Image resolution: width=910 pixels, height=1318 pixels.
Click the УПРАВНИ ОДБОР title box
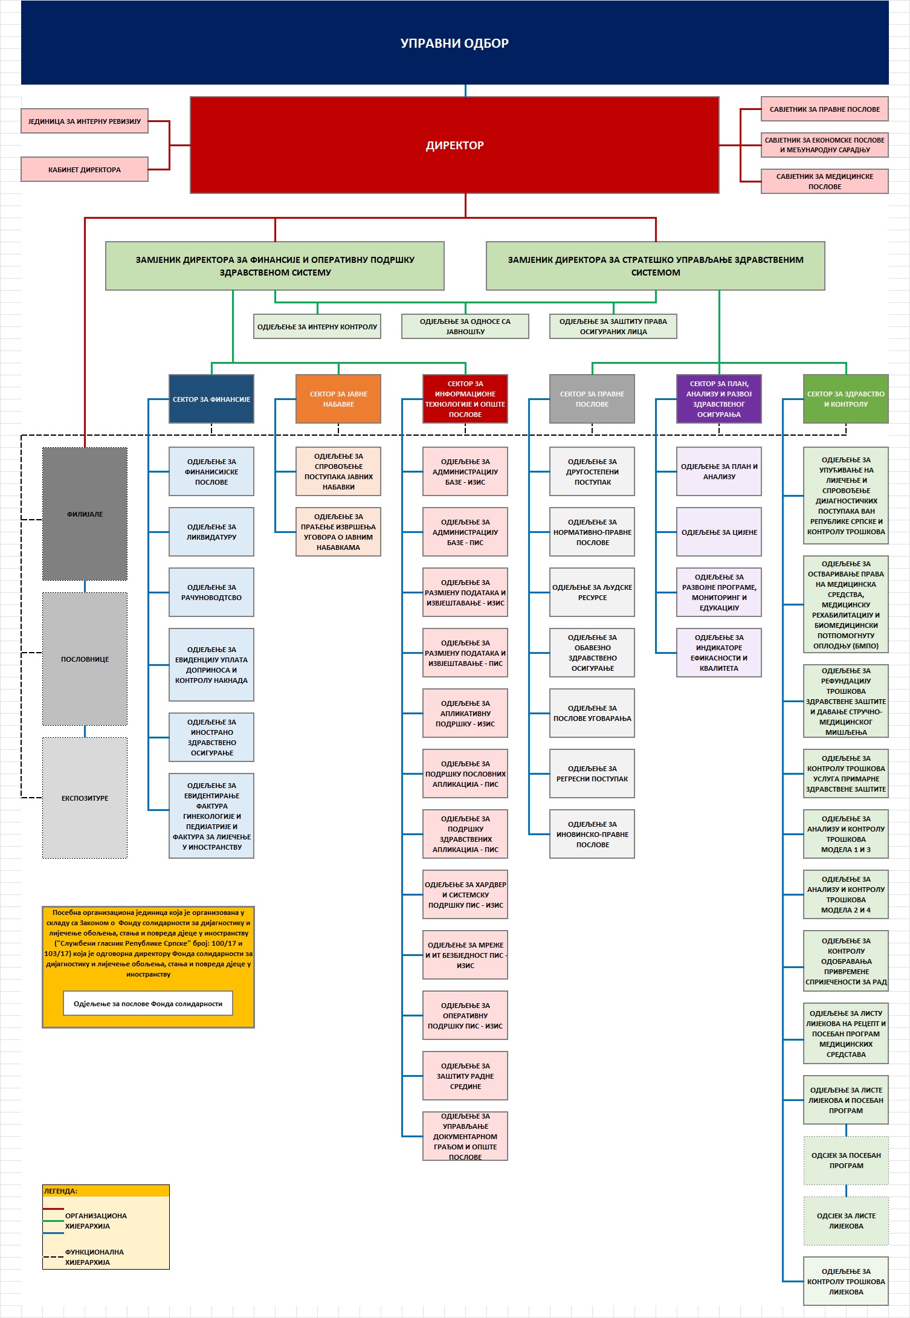coord(454,43)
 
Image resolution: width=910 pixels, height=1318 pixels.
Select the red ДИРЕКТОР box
coord(454,145)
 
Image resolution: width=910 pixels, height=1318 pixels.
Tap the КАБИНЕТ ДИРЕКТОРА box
coord(85,170)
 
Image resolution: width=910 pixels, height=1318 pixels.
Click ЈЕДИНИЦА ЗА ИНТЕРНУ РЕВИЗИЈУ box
coord(85,121)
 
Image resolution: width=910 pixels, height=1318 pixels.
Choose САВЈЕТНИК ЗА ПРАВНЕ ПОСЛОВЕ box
coord(824,109)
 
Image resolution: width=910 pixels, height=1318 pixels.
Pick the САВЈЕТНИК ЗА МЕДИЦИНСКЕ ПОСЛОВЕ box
coord(824,181)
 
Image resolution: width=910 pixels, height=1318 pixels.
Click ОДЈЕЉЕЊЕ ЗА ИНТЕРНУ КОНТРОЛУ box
coord(317,327)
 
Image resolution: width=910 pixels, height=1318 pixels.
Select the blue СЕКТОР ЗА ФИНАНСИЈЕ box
coord(211,399)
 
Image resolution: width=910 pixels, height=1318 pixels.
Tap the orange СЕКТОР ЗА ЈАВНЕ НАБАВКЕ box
coord(338,399)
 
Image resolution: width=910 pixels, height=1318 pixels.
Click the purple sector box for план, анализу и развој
coord(719,399)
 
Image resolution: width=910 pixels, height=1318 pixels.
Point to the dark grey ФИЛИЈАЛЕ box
coord(85,514)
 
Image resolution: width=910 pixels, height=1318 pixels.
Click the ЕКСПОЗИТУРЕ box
coord(85,798)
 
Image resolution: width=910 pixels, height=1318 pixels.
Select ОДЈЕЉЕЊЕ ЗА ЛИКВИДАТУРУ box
coord(211,532)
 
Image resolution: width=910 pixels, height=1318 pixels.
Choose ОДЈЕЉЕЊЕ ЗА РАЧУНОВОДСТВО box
coord(211,592)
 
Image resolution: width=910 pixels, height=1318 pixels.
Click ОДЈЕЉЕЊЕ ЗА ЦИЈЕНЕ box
coord(719,532)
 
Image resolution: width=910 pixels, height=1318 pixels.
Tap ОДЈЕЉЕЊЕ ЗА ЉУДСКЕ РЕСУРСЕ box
coord(592,592)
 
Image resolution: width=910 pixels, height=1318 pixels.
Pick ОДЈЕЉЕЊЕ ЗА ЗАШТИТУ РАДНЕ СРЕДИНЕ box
coord(465,1076)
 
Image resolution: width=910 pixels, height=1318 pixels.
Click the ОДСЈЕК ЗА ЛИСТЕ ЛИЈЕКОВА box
coord(846,1221)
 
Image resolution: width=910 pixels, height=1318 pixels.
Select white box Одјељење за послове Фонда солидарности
coord(148,1004)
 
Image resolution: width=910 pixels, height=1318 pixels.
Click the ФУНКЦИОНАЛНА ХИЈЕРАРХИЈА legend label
coord(94,1257)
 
